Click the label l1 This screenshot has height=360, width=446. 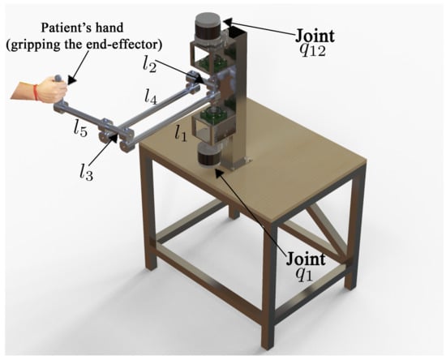click(x=181, y=134)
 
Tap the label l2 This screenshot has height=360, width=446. click(x=150, y=65)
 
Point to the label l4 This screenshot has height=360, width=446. click(x=151, y=96)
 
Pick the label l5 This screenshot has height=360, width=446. click(x=80, y=130)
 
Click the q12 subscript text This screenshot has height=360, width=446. click(x=313, y=50)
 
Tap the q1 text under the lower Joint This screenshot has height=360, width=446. click(x=304, y=273)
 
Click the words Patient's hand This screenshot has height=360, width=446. click(x=82, y=28)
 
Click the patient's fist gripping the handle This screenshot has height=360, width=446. click(x=52, y=89)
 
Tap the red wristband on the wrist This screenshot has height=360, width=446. click(x=36, y=92)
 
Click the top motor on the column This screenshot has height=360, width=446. click(x=208, y=27)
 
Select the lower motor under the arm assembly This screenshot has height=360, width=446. click(x=209, y=156)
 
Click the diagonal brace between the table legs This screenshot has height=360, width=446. click(x=326, y=229)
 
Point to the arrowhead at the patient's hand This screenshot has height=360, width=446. click(x=72, y=79)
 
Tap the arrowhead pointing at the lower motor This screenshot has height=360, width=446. click(x=219, y=173)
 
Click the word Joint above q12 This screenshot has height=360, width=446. click(x=315, y=36)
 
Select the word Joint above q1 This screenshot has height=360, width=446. click(x=306, y=258)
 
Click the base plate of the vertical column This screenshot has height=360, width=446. click(x=238, y=164)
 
